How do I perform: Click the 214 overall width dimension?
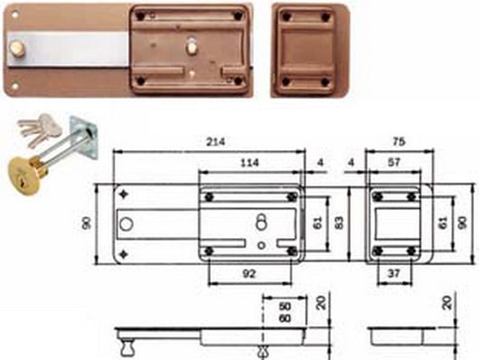[x=214, y=141]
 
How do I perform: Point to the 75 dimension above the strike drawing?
[x=399, y=141]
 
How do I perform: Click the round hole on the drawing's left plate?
[x=127, y=223]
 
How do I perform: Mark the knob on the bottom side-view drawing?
[x=128, y=346]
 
